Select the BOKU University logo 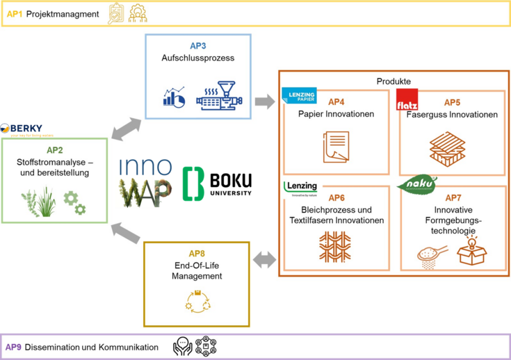pyautogui.click(x=218, y=182)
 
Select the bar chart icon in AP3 pyautogui.click(x=173, y=97)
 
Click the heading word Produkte pyautogui.click(x=394, y=81)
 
